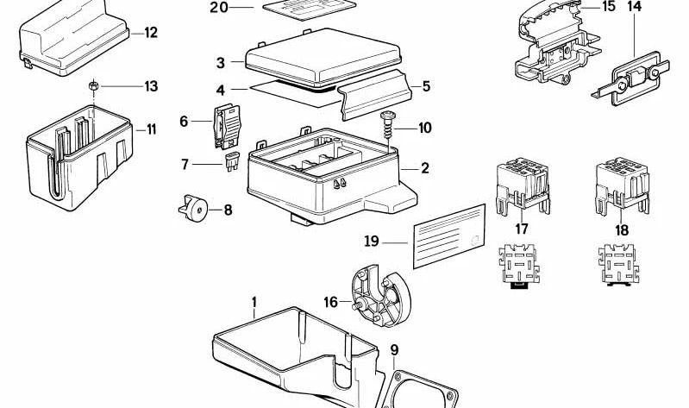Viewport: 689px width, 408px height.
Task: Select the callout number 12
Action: point(151,34)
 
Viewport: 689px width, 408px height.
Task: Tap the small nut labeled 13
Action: point(92,86)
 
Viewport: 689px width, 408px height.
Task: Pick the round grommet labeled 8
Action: point(197,208)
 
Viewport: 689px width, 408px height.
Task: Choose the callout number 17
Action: point(521,229)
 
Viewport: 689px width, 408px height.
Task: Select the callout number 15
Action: point(609,7)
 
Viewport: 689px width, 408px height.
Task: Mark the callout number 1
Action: point(254,303)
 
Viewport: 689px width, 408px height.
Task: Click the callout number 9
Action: point(394,350)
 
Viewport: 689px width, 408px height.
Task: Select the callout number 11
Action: point(151,130)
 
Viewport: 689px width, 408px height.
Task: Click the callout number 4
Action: point(221,89)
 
